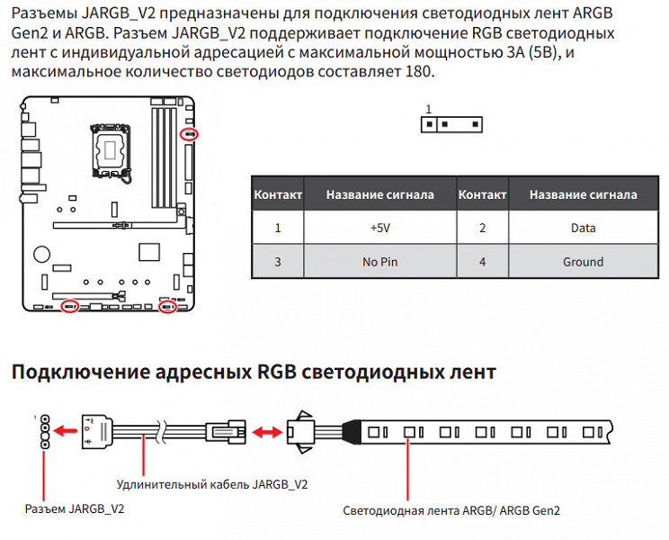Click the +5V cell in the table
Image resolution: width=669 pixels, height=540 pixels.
pyautogui.click(x=379, y=228)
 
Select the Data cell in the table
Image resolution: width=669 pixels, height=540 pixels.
pyautogui.click(x=583, y=228)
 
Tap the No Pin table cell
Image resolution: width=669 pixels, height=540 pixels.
pyautogui.click(x=379, y=262)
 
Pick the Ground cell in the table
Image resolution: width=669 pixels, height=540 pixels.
pyautogui.click(x=583, y=262)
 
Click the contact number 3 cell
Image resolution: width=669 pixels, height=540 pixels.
pyautogui.click(x=278, y=262)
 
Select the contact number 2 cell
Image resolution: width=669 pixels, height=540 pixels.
pyautogui.click(x=482, y=228)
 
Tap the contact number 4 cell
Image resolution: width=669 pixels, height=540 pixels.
pyautogui.click(x=482, y=262)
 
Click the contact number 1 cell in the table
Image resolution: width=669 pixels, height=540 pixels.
pyautogui.click(x=278, y=228)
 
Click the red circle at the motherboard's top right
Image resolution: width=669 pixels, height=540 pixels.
pyautogui.click(x=188, y=134)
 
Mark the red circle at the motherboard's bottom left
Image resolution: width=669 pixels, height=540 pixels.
pyautogui.click(x=69, y=307)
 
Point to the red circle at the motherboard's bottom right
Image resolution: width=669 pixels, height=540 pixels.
pyautogui.click(x=166, y=307)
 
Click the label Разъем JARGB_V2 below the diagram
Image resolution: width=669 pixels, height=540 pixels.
pyautogui.click(x=75, y=509)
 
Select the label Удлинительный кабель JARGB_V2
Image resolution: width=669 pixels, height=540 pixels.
pyautogui.click(x=212, y=484)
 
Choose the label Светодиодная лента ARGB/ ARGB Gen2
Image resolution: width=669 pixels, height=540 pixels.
pyautogui.click(x=451, y=510)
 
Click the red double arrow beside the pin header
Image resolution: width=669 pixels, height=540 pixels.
pyautogui.click(x=66, y=432)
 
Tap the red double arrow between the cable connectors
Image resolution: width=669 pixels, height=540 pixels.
pyautogui.click(x=264, y=432)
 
